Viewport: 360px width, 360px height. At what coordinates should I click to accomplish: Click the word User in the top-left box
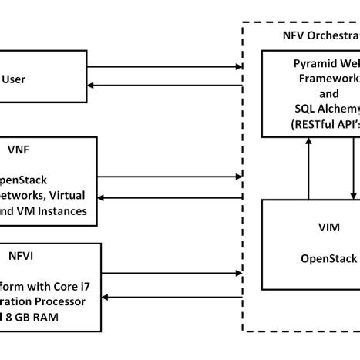(x=16, y=78)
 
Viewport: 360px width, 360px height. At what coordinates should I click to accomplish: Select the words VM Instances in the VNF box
(x=53, y=210)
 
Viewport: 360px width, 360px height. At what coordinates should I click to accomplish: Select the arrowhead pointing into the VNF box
(x=103, y=198)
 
